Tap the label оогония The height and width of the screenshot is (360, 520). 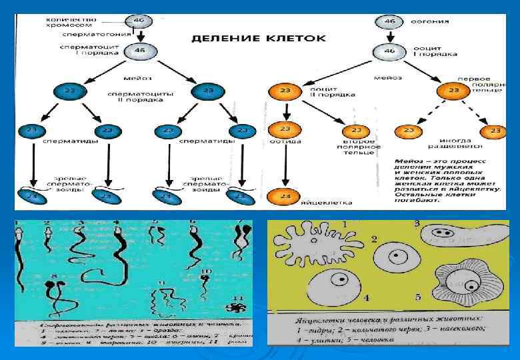coord(417,21)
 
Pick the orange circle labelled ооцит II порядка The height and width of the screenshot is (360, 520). coord(284,91)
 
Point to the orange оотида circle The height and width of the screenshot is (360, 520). coord(285,129)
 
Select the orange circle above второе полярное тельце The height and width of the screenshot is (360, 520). coord(357,131)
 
